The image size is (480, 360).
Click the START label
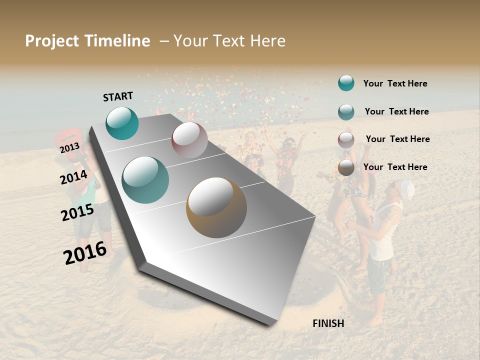(118, 96)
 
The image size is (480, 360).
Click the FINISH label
(328, 323)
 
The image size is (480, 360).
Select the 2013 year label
(69, 148)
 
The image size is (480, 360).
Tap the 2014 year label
(73, 177)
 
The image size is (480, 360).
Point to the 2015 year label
(77, 212)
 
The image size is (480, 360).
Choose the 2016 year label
(85, 253)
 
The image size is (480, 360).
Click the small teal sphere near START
(122, 123)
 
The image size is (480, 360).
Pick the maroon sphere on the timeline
(189, 140)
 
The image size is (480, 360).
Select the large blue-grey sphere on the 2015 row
(145, 180)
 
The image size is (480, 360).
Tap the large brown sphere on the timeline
(216, 207)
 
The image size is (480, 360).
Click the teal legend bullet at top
(346, 83)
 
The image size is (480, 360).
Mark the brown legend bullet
(346, 167)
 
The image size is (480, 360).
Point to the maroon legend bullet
(346, 140)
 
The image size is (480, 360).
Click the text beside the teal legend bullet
(395, 83)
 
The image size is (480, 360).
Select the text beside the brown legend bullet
(395, 167)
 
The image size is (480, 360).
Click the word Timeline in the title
(117, 41)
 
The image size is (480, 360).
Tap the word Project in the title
(51, 41)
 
